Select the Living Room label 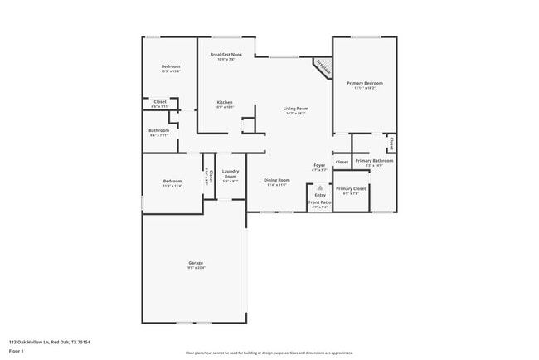[x=296, y=109]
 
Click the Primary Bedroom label [x=365, y=83]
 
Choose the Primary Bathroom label [x=374, y=160]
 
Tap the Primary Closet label [x=351, y=188]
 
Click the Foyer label [x=319, y=167]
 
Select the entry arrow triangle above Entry [x=319, y=188]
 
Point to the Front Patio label [x=319, y=202]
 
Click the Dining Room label [x=277, y=180]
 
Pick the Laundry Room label [x=230, y=173]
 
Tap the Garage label [x=195, y=263]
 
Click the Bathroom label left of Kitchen [x=159, y=130]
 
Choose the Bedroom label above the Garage [x=172, y=181]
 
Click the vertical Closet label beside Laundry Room [x=211, y=175]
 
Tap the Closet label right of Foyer [x=342, y=162]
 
